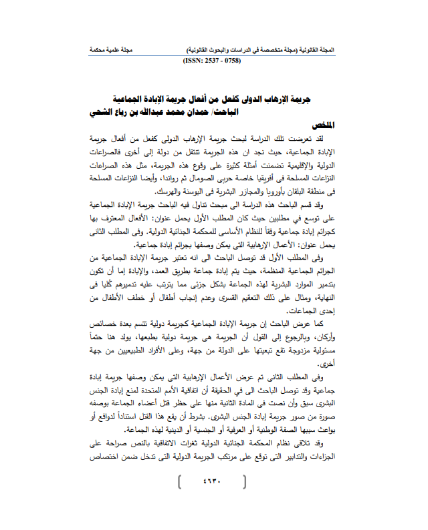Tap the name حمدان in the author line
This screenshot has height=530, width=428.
coord(272,111)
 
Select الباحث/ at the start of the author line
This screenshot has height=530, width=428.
coord(308,111)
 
